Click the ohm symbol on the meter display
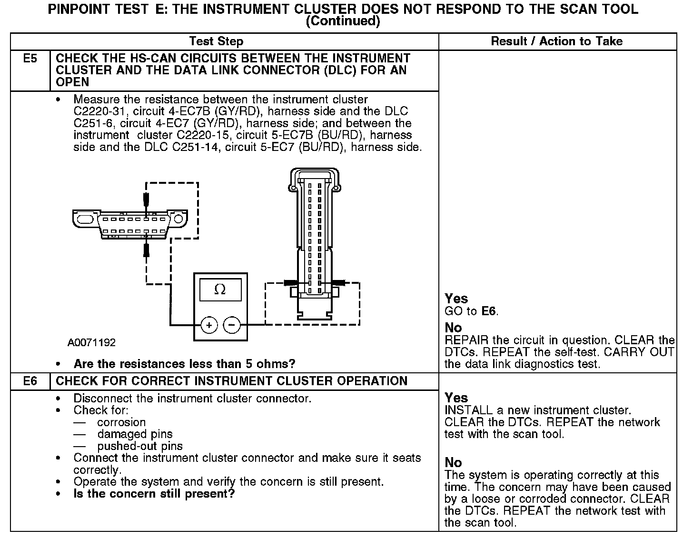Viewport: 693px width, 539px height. (x=220, y=289)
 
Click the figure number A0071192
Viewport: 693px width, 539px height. (x=91, y=343)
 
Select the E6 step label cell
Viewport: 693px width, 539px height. (x=30, y=381)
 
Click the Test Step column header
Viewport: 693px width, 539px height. (x=216, y=41)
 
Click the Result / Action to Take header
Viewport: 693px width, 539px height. (x=556, y=41)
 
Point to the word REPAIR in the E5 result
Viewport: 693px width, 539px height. (x=465, y=340)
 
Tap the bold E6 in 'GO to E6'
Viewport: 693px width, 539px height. (x=489, y=311)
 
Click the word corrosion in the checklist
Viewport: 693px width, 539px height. (x=121, y=422)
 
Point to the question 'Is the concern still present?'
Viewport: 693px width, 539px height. (x=154, y=494)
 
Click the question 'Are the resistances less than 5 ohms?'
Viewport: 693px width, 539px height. (x=184, y=364)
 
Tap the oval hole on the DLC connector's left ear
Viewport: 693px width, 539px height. (x=84, y=220)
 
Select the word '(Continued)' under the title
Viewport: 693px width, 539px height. (x=343, y=21)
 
